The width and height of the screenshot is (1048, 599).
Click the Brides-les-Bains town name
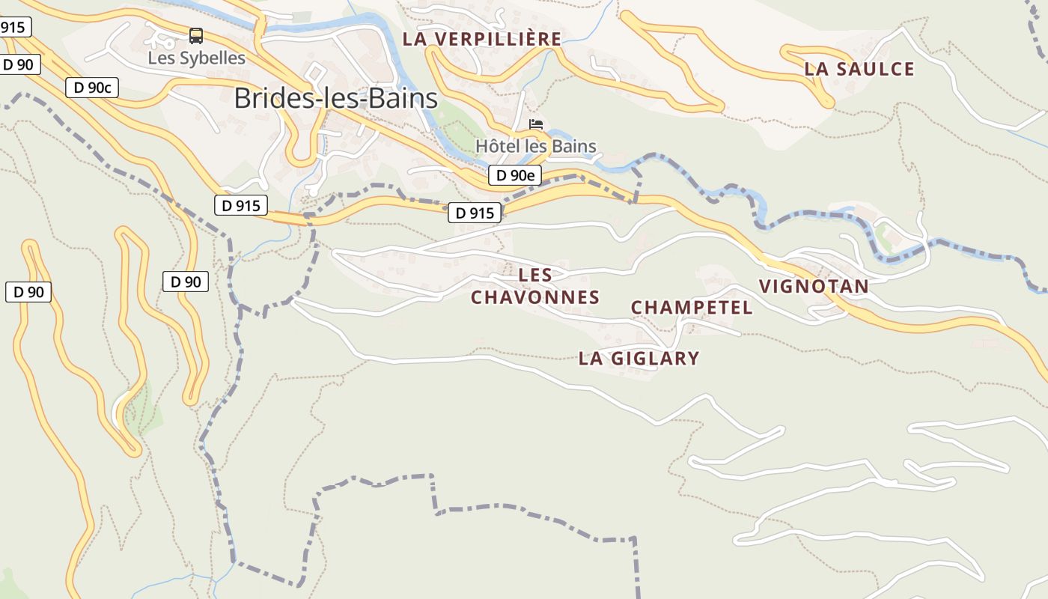[x=335, y=98]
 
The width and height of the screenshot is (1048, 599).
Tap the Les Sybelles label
[x=196, y=58]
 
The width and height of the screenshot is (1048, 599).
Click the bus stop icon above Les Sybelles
[x=196, y=35]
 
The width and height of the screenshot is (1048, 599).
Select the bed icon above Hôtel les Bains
[x=536, y=124]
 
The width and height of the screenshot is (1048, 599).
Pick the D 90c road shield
[x=92, y=88]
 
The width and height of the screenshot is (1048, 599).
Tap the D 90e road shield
[x=515, y=176]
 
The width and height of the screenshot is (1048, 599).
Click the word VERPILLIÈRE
[x=499, y=39]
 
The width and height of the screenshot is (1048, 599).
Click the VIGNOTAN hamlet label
[x=814, y=286]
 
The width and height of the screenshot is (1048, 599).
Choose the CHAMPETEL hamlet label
[x=692, y=308]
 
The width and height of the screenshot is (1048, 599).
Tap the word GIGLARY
[x=654, y=359]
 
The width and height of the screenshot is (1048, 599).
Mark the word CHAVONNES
[x=535, y=297]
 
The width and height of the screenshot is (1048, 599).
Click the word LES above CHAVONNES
[x=535, y=275]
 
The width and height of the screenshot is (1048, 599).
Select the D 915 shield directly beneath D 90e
[x=475, y=213]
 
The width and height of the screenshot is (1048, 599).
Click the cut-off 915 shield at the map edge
[x=13, y=28]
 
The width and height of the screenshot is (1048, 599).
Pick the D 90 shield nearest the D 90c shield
[x=19, y=64]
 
